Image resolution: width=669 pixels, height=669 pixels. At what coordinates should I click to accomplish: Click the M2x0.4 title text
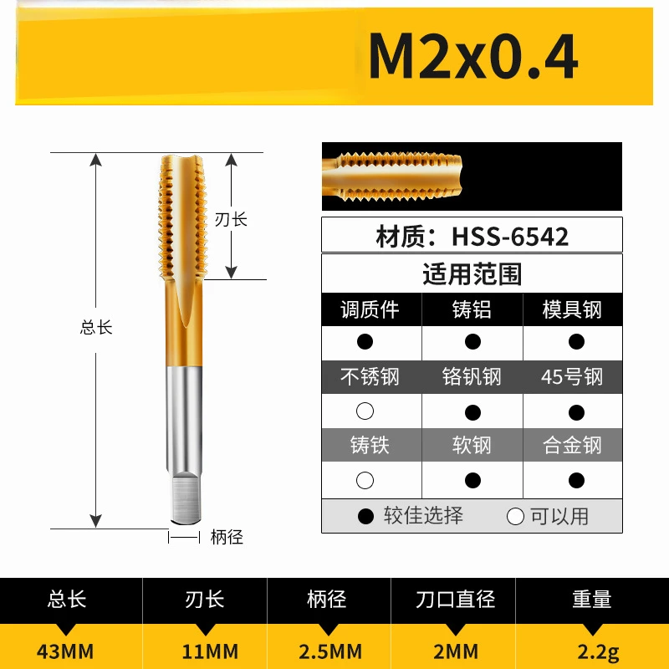(472, 58)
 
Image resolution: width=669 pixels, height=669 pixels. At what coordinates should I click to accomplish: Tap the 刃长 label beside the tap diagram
(231, 219)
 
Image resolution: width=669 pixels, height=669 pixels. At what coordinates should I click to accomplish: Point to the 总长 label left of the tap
(96, 327)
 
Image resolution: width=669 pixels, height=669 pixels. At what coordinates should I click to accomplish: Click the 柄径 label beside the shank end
(227, 537)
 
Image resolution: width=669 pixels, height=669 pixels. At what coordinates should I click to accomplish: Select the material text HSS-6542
(472, 236)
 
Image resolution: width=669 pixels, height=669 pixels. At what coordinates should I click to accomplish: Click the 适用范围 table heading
(472, 274)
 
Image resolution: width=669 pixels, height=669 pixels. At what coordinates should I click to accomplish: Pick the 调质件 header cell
(370, 309)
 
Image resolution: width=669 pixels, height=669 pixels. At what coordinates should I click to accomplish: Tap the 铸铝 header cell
(472, 309)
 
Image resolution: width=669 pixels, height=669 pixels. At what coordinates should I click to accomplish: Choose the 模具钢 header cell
(573, 309)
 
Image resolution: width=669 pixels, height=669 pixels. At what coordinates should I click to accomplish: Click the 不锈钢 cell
(370, 376)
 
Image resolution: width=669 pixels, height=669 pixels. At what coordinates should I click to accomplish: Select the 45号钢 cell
(573, 376)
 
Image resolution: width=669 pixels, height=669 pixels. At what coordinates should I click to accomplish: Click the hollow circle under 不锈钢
(365, 411)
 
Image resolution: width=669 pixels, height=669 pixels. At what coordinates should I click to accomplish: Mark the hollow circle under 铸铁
(365, 480)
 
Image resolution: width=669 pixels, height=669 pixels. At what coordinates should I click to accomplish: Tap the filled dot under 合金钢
(575, 480)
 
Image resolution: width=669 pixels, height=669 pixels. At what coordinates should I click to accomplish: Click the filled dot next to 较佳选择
(365, 516)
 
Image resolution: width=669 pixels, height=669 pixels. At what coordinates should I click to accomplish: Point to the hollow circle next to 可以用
(515, 516)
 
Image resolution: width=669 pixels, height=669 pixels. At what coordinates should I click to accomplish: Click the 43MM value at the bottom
(68, 651)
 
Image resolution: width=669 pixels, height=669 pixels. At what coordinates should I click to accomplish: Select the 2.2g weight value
(592, 651)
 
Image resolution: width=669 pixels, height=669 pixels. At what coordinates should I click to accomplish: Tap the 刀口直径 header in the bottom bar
(456, 600)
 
